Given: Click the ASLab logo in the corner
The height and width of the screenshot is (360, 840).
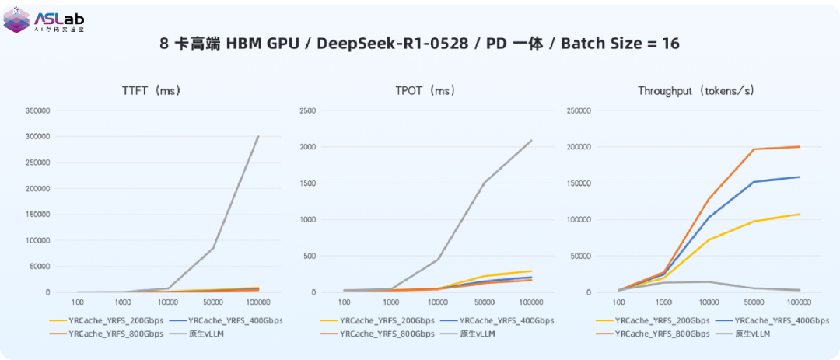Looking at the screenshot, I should (x=44, y=21).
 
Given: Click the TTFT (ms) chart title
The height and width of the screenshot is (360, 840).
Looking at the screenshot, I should (x=151, y=91).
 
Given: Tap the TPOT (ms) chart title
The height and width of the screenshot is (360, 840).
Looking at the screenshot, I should (x=423, y=91).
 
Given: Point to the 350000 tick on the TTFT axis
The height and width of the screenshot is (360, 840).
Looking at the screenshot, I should (x=37, y=111).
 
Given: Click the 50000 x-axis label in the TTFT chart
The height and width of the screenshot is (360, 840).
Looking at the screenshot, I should (x=212, y=302).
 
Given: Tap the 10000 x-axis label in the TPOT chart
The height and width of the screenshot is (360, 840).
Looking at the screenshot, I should (x=437, y=302).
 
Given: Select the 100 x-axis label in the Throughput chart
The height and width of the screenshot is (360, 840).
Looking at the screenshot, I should (x=620, y=302).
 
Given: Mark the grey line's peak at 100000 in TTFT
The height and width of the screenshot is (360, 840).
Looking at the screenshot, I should (x=258, y=137).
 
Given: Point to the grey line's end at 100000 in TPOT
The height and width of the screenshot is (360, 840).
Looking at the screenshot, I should (x=531, y=141).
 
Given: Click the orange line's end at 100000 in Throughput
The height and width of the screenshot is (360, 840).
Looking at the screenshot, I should (x=800, y=146).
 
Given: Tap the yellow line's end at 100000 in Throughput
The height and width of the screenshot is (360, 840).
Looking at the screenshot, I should (x=800, y=214).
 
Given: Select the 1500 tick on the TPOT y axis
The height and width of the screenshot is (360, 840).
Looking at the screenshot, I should (x=309, y=183).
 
